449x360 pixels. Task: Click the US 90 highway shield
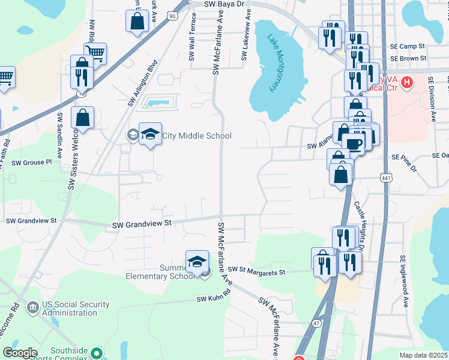pyautogui.click(x=172, y=17)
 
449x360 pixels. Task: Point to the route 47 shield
pyautogui.click(x=318, y=323)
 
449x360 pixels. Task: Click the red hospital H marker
pyautogui.click(x=408, y=82)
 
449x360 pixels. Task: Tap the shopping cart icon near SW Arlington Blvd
pyautogui.click(x=95, y=53)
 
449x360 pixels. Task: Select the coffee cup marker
pyautogui.click(x=354, y=143)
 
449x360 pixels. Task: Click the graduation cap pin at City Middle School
pyautogui.click(x=151, y=134)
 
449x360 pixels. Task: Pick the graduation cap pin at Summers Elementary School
pyautogui.click(x=197, y=262)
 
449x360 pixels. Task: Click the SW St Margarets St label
pyautogui.click(x=255, y=272)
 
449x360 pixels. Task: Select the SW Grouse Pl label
pyautogui.click(x=32, y=163)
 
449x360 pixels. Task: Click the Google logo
pyautogui.click(x=20, y=353)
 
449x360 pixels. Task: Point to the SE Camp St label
pyautogui.click(x=407, y=46)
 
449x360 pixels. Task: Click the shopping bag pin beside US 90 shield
pyautogui.click(x=137, y=22)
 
